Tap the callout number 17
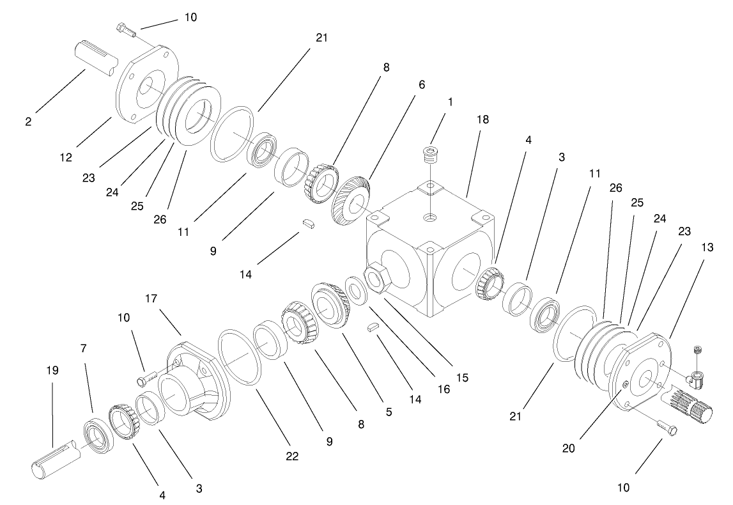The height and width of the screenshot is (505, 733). click(x=151, y=298)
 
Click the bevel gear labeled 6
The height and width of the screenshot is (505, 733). click(x=350, y=199)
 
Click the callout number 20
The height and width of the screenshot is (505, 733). click(x=568, y=448)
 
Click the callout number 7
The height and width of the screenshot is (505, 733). click(x=83, y=349)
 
